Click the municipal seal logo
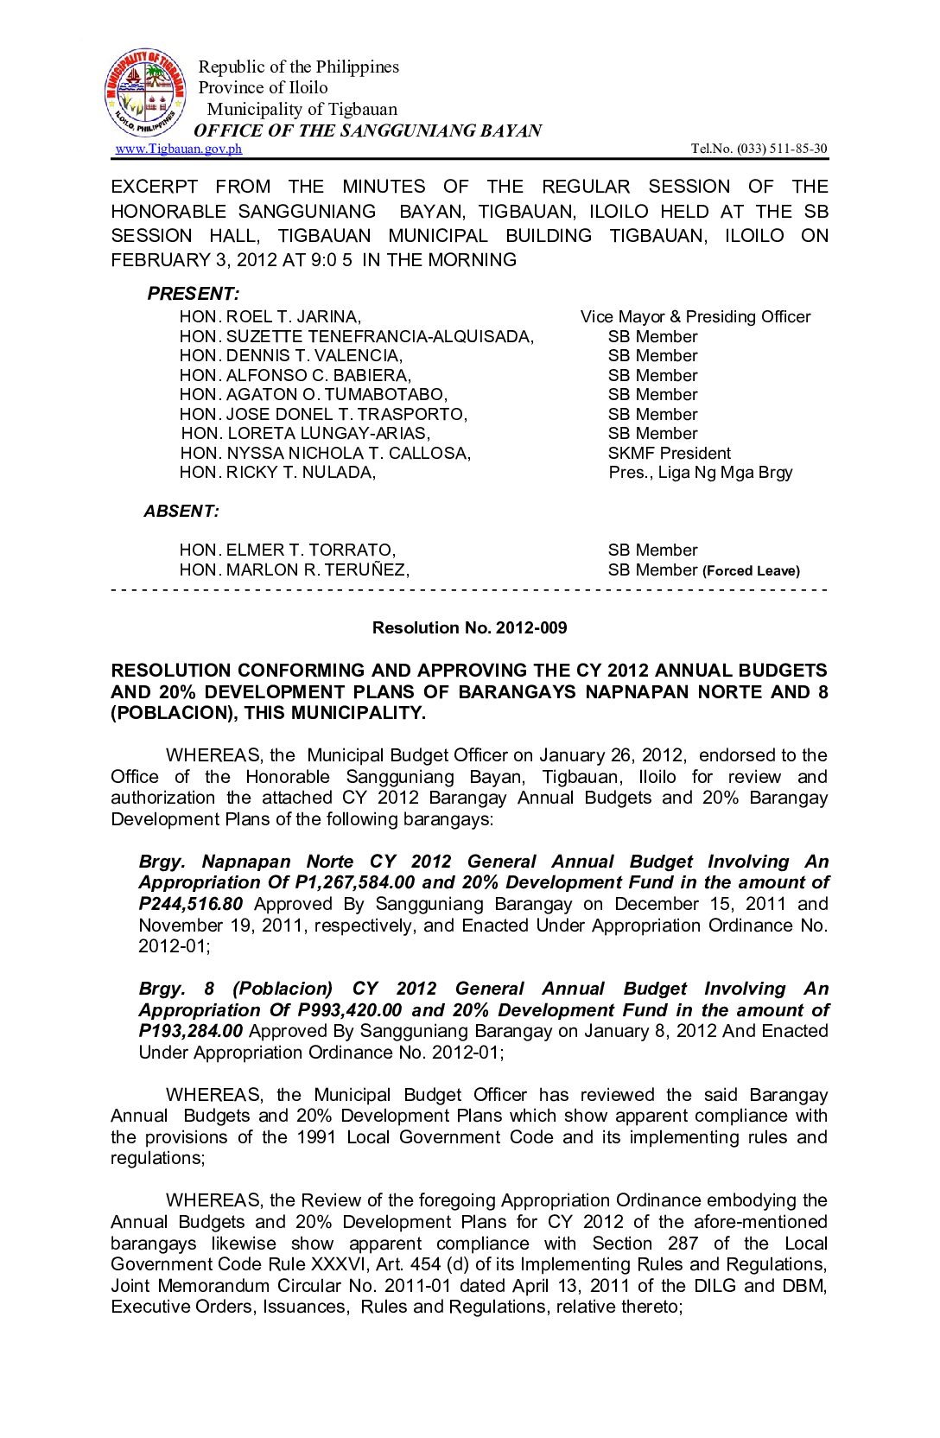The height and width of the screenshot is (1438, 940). pyautogui.click(x=145, y=93)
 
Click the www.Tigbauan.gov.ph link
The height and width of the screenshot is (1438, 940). pyautogui.click(x=179, y=149)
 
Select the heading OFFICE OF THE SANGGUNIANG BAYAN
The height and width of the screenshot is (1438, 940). pyautogui.click(x=367, y=130)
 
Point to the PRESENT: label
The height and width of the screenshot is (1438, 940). pyautogui.click(x=193, y=294)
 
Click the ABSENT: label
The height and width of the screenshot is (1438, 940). pyautogui.click(x=181, y=512)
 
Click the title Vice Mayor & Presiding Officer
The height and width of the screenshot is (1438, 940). pyautogui.click(x=695, y=317)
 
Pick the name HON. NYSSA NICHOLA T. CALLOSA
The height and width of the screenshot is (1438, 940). pyautogui.click(x=326, y=454)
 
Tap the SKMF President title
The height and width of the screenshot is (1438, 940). pyautogui.click(x=669, y=454)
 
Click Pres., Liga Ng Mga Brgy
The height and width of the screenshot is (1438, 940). pyautogui.click(x=700, y=473)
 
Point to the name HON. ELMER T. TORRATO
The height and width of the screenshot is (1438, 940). pyautogui.click(x=288, y=550)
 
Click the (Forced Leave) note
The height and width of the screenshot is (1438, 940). pyautogui.click(x=751, y=571)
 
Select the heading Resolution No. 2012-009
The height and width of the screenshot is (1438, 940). pyautogui.click(x=469, y=628)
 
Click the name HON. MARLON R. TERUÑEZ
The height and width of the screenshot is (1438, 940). pyautogui.click(x=295, y=570)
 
